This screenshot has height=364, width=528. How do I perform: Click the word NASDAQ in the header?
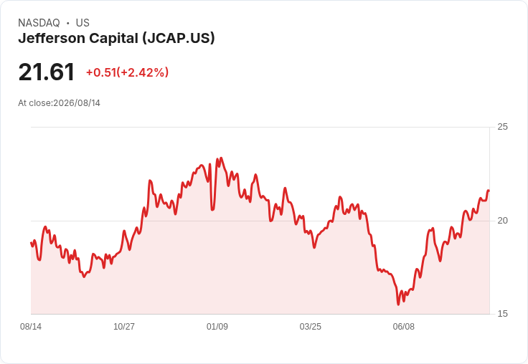(39, 23)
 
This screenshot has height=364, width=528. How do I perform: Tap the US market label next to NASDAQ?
(82, 23)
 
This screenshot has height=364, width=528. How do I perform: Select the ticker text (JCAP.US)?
(179, 39)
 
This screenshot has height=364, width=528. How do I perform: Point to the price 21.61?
(47, 72)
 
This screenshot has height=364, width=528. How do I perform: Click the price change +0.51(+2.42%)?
(127, 72)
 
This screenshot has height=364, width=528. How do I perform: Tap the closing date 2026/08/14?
(77, 103)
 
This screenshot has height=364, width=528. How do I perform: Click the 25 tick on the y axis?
(502, 127)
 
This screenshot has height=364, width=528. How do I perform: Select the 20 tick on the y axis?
(502, 221)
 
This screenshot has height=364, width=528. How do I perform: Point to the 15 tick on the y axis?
(502, 314)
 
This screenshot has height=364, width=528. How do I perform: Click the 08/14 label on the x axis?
(31, 327)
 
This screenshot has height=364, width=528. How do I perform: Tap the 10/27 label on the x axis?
(124, 327)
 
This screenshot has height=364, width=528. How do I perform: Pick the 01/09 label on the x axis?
(217, 327)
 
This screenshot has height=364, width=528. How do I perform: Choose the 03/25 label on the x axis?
(311, 327)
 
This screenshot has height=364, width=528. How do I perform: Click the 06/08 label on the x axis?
(404, 327)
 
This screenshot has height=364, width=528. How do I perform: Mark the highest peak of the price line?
(221, 158)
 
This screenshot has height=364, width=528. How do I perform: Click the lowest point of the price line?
(398, 305)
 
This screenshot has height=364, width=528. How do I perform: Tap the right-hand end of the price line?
(489, 191)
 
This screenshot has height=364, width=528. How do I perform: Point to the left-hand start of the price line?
(31, 243)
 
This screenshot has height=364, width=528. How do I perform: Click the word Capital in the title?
(113, 39)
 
